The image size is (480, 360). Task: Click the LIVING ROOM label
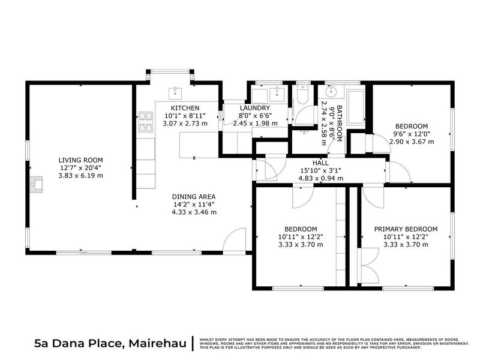(x=80, y=159)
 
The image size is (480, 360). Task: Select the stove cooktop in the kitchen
(x=145, y=122)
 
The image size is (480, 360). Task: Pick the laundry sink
(x=277, y=94)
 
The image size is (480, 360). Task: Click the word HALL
(x=320, y=162)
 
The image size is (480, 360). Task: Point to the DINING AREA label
(x=193, y=196)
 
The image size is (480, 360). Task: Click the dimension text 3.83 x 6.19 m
(x=80, y=176)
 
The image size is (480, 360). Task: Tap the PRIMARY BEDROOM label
(x=406, y=229)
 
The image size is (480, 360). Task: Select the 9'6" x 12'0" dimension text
(x=412, y=134)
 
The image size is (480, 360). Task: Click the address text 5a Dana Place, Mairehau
(x=110, y=343)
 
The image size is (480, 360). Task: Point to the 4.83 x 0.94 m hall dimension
(x=320, y=178)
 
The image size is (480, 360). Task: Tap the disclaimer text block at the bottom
(x=334, y=343)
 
